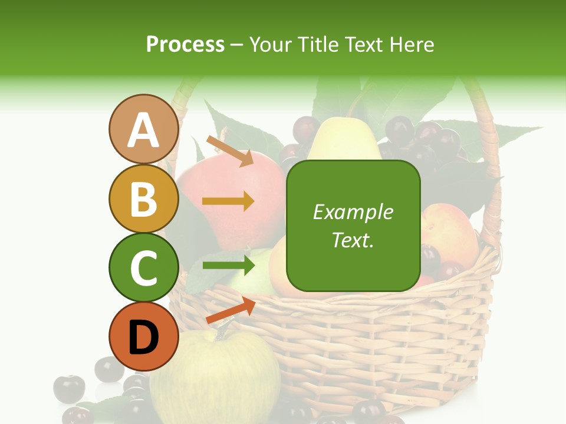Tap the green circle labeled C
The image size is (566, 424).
(x=143, y=267)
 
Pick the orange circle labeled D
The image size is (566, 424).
(x=143, y=336)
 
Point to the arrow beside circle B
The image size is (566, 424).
(x=228, y=201)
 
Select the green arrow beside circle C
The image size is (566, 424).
(x=228, y=265)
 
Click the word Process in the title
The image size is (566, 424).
(x=185, y=44)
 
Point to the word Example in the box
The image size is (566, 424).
(x=353, y=212)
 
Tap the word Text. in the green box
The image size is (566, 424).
(x=353, y=240)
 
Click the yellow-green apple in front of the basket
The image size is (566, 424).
(x=215, y=377)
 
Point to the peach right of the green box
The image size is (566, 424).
(x=450, y=236)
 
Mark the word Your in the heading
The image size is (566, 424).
(x=272, y=44)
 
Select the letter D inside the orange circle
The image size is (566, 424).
(x=143, y=338)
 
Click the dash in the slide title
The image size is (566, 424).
(x=236, y=45)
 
